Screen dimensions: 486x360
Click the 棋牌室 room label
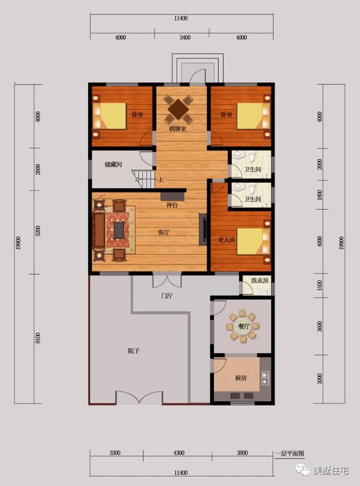click(178, 129)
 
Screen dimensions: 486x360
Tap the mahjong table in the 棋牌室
click(178, 107)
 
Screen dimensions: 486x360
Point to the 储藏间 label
click(113, 165)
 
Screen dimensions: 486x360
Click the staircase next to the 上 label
click(145, 179)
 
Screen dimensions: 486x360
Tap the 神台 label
click(172, 206)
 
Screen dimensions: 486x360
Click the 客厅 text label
click(164, 232)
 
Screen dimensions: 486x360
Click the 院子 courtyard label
click(134, 351)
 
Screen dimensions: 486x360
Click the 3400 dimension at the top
click(185, 38)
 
